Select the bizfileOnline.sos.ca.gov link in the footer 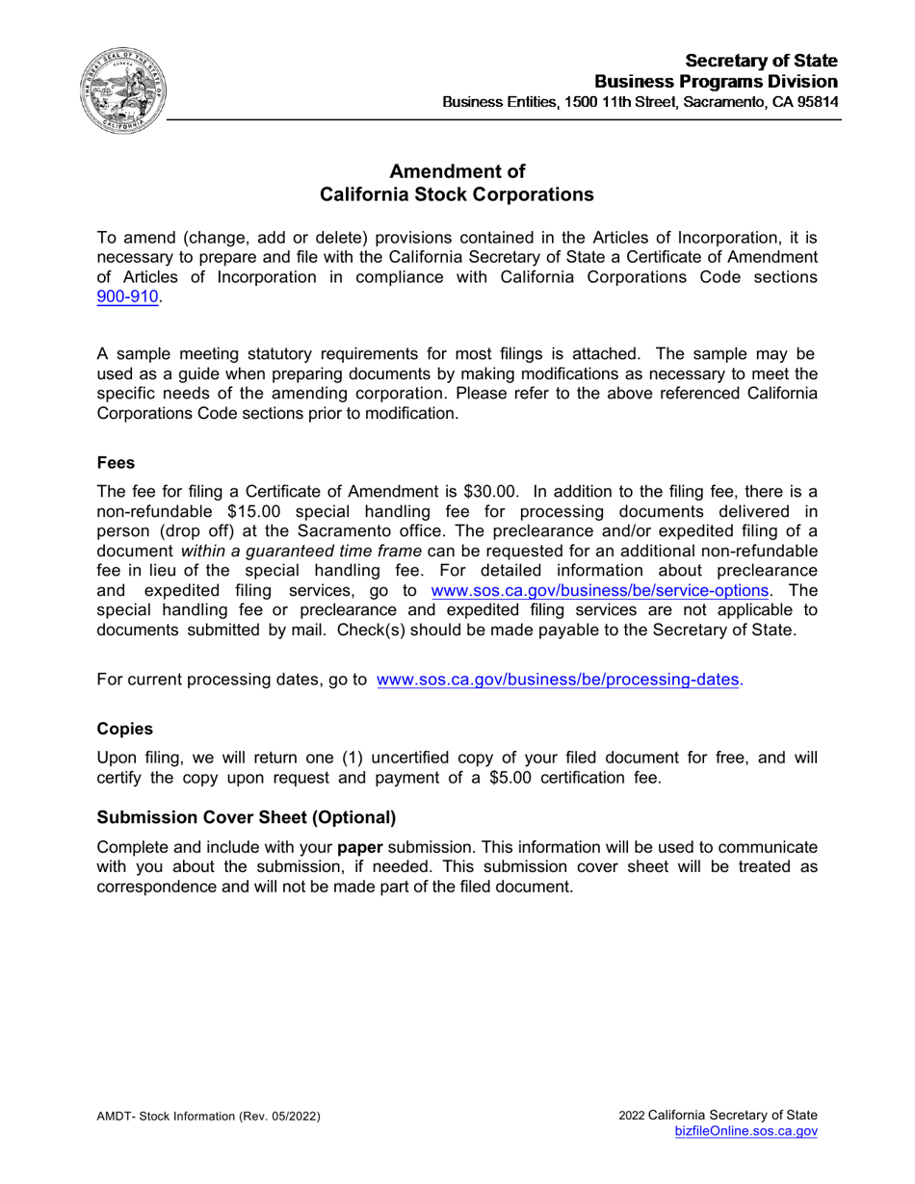[x=748, y=1132]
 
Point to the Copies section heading [x=124, y=729]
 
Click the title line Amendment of [x=457, y=172]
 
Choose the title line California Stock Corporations [x=457, y=195]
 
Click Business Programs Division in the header [x=716, y=80]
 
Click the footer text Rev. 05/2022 [x=283, y=1116]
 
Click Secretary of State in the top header [x=768, y=60]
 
